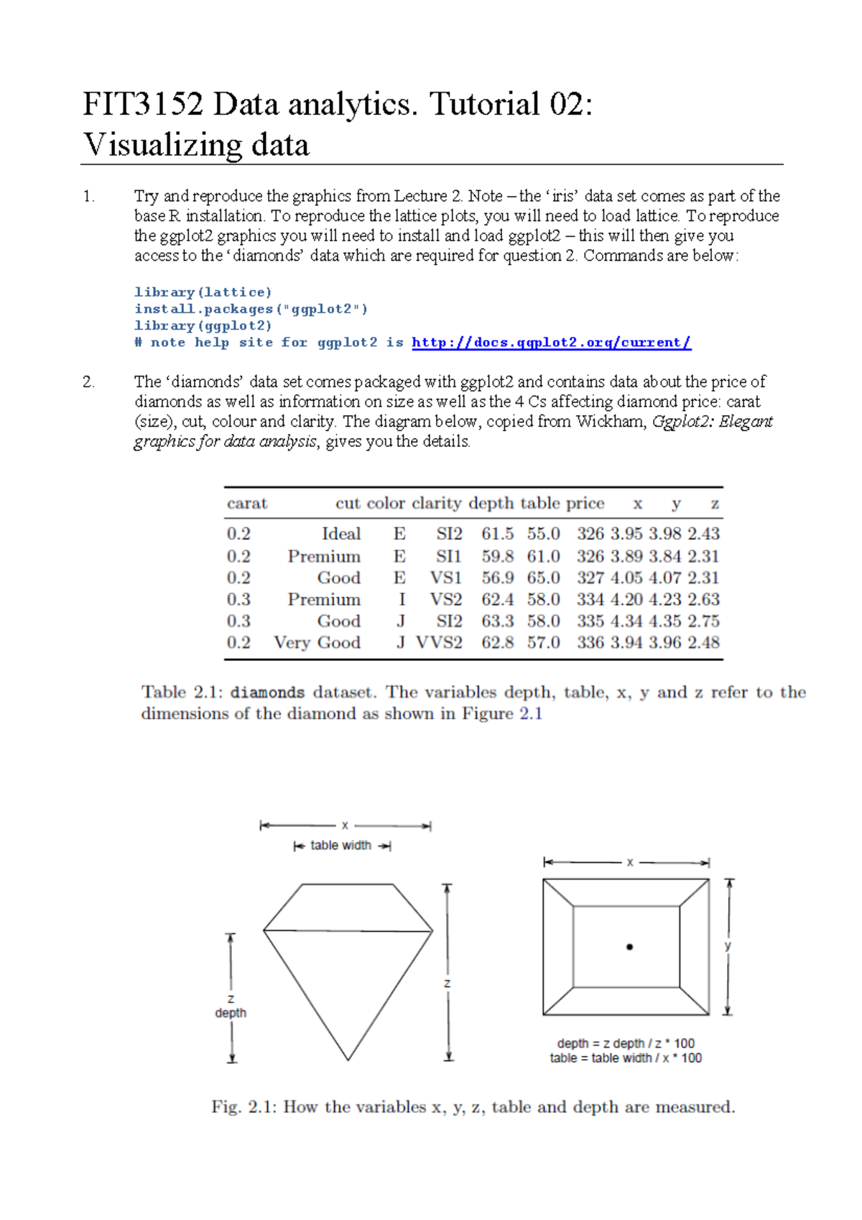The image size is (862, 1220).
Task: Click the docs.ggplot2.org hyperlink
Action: coord(551,343)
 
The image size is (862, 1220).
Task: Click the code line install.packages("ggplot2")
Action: coord(251,309)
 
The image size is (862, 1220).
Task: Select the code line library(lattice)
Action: coord(203,292)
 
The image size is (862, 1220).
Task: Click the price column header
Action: coord(585,503)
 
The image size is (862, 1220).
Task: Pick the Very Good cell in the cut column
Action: coord(317,642)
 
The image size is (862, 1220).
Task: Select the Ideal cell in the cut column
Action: coord(341,534)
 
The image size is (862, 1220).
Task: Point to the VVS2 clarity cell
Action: coord(439,642)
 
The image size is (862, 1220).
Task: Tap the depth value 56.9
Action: coord(497,578)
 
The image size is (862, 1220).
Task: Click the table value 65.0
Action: coord(543,578)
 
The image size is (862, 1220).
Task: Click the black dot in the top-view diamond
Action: coord(629,947)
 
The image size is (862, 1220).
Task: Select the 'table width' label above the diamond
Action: coord(340,846)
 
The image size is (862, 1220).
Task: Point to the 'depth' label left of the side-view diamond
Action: coord(231,1012)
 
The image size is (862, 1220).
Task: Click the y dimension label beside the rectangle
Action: coord(728,946)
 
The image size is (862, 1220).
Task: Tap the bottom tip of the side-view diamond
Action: coord(348,1058)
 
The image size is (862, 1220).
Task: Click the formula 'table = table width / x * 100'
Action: coord(626,1058)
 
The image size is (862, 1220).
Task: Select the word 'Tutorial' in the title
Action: coord(484,104)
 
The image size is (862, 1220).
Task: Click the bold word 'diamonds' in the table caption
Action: coord(267,693)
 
